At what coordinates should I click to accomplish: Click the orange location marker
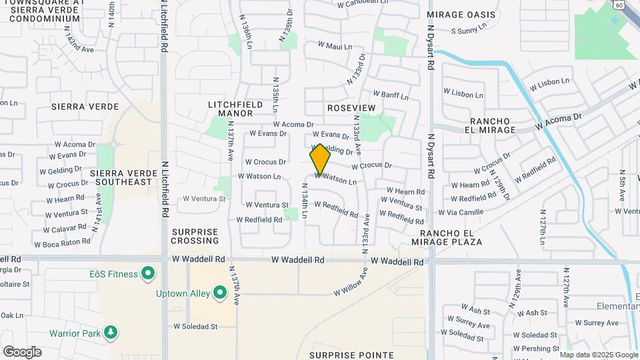click(x=320, y=159)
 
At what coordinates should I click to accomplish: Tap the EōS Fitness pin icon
click(x=148, y=274)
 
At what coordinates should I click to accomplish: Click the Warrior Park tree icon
click(x=110, y=332)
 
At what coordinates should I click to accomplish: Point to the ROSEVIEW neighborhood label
click(x=351, y=108)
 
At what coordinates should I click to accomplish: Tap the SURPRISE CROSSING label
click(x=195, y=236)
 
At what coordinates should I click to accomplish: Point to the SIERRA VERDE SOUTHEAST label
click(x=121, y=177)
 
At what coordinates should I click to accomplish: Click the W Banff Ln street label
click(x=389, y=95)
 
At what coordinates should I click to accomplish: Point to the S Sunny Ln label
click(x=473, y=31)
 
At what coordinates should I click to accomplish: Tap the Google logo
click(x=22, y=352)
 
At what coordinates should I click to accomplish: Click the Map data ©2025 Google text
click(x=597, y=355)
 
